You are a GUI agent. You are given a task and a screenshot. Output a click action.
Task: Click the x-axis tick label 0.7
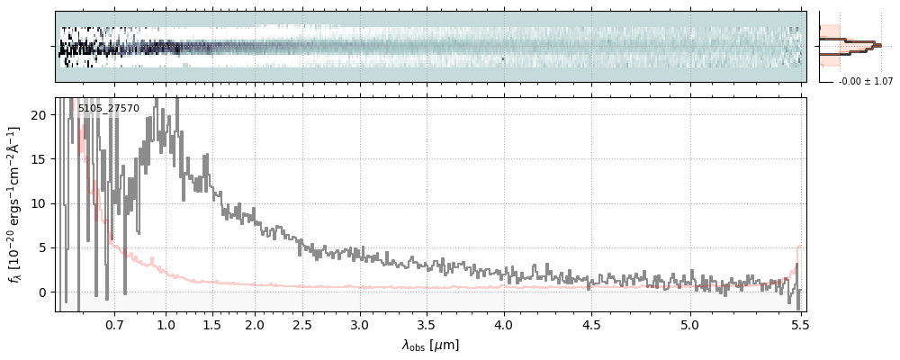(x=114, y=324)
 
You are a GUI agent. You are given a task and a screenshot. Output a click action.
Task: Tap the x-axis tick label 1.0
(x=166, y=324)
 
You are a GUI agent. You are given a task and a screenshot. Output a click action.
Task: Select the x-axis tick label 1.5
(x=212, y=324)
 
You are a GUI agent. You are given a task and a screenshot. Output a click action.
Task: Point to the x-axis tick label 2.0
(x=255, y=324)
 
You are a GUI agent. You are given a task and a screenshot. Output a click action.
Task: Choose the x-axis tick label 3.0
(x=359, y=324)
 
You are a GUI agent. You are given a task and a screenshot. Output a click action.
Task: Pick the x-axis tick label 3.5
(x=429, y=324)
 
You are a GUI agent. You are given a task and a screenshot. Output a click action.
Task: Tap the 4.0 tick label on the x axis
(x=504, y=324)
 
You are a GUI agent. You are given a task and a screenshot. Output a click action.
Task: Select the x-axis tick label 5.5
(x=798, y=324)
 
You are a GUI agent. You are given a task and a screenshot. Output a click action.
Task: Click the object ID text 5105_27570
(x=109, y=109)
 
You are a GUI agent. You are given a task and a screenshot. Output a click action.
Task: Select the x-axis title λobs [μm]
(x=430, y=345)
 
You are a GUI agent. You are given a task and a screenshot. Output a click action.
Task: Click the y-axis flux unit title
(x=15, y=205)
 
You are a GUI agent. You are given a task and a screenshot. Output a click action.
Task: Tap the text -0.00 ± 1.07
(x=866, y=82)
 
